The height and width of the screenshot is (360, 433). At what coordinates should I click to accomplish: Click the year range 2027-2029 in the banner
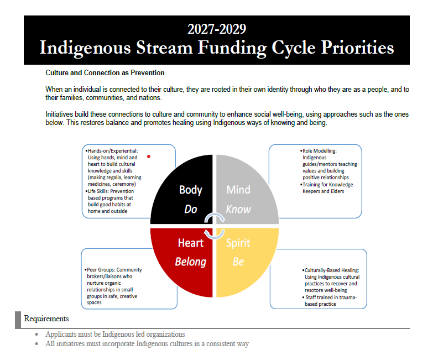216,29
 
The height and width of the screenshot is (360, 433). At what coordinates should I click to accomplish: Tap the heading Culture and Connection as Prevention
105,73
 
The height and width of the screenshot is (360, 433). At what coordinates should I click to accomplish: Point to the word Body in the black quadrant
190,190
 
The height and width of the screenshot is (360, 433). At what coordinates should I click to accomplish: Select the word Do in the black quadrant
190,209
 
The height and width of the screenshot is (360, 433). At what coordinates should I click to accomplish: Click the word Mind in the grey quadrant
238,190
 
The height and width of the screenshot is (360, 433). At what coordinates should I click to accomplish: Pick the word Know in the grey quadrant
238,209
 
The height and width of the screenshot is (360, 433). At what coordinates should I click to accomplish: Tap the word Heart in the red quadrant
191,243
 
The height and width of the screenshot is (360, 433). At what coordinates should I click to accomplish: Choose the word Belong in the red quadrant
191,262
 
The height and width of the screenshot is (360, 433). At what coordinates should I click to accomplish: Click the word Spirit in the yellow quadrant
238,243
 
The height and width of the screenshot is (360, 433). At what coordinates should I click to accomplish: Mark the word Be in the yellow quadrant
238,262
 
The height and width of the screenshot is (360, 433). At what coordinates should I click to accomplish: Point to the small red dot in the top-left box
149,156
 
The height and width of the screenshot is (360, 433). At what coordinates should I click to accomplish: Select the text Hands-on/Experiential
113,150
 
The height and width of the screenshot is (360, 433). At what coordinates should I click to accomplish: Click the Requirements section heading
46,319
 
